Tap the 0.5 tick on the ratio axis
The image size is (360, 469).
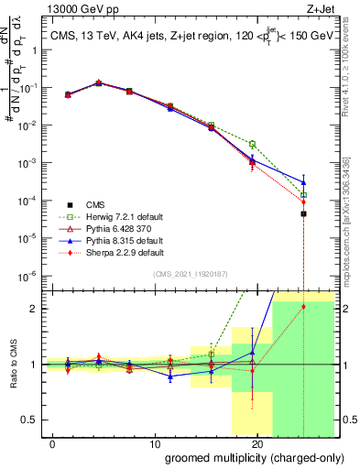tap(29, 420)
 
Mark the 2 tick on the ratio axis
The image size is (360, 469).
tap(33, 309)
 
